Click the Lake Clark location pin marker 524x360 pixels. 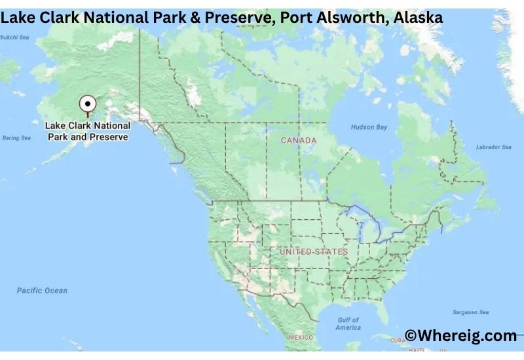click(x=87, y=104)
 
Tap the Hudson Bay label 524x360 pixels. click(x=369, y=127)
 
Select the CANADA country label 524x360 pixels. click(x=299, y=141)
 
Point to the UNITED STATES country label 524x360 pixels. click(x=314, y=251)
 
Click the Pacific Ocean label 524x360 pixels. click(x=43, y=291)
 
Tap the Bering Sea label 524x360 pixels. click(x=16, y=138)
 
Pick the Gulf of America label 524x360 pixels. click(x=348, y=323)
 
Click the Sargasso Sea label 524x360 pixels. click(x=470, y=313)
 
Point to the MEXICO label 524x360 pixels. click(x=301, y=338)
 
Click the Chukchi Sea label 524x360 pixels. click(x=14, y=37)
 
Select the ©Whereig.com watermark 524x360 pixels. click(x=460, y=336)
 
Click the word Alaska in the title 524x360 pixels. click(x=419, y=18)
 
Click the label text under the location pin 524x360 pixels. click(x=88, y=131)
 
